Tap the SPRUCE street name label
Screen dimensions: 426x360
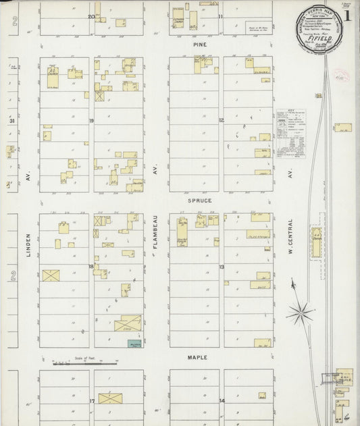point(201,201)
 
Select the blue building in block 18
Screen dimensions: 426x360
point(133,344)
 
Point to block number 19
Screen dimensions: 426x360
point(91,120)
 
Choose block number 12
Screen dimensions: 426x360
point(221,120)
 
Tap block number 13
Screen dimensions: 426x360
point(221,268)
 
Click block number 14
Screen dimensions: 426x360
point(222,401)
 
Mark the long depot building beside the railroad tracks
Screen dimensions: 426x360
point(315,240)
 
